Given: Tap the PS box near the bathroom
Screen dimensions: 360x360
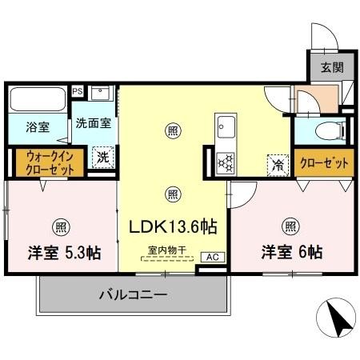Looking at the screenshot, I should [78, 91].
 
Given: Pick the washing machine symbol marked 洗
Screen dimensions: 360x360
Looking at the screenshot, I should [102, 158].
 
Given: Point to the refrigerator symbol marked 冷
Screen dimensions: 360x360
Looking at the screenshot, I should [276, 165].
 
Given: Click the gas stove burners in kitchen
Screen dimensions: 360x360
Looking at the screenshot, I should [225, 161].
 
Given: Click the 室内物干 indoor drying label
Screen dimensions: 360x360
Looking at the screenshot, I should [166, 251].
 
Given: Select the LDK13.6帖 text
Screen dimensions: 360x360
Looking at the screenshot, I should [174, 226].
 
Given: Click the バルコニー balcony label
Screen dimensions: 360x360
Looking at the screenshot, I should [133, 295].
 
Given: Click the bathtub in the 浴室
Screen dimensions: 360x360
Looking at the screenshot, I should [38, 100].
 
